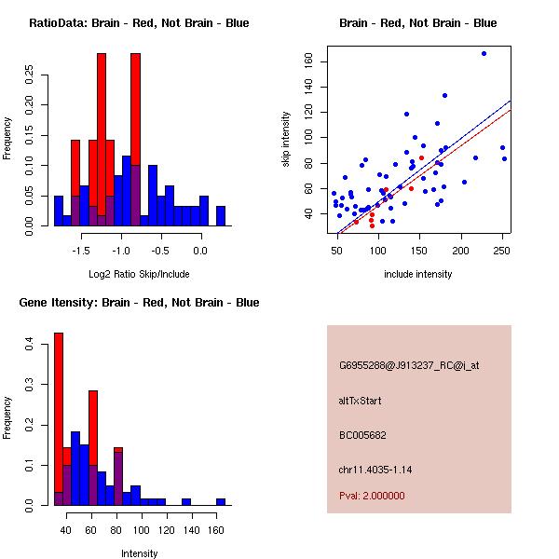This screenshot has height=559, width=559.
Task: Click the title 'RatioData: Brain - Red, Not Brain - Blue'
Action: tap(139, 22)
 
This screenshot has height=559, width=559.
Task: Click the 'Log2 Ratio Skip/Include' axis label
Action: tap(140, 275)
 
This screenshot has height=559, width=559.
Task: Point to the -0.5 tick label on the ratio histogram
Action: tap(160, 251)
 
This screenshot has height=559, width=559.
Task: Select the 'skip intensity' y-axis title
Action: tap(286, 139)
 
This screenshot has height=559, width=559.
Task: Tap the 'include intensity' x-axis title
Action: tap(417, 275)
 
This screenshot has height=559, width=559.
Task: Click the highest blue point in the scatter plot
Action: tap(484, 53)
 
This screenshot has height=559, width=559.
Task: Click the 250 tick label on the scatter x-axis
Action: tap(502, 251)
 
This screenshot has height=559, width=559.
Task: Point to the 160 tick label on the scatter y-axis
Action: tap(308, 61)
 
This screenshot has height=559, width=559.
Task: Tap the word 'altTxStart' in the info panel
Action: tap(360, 401)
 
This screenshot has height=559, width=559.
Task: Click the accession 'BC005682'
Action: tap(362, 434)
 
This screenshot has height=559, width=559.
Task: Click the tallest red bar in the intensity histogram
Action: tap(58, 419)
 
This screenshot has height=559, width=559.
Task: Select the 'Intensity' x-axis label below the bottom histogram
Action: tap(140, 553)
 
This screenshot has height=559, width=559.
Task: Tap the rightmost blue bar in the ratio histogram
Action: tap(221, 216)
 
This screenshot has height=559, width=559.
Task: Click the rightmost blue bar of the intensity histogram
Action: tap(221, 501)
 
